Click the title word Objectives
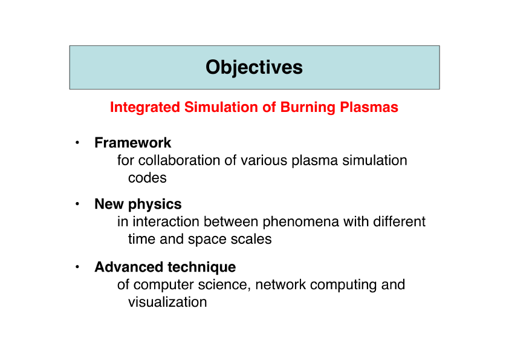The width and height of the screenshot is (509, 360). (x=254, y=68)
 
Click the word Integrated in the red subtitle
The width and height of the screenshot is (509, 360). (x=145, y=108)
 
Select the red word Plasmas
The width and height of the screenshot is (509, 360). (x=369, y=107)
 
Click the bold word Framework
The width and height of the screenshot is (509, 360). (x=133, y=143)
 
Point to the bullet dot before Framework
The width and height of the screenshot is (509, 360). (x=77, y=142)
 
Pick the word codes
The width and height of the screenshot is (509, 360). (x=148, y=178)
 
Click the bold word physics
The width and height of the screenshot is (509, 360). (x=155, y=205)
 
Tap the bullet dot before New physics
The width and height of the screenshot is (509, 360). (x=77, y=204)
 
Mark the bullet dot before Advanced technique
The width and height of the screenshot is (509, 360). (x=77, y=267)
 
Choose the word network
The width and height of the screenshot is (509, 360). (x=280, y=284)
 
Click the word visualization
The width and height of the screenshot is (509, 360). (x=167, y=302)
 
